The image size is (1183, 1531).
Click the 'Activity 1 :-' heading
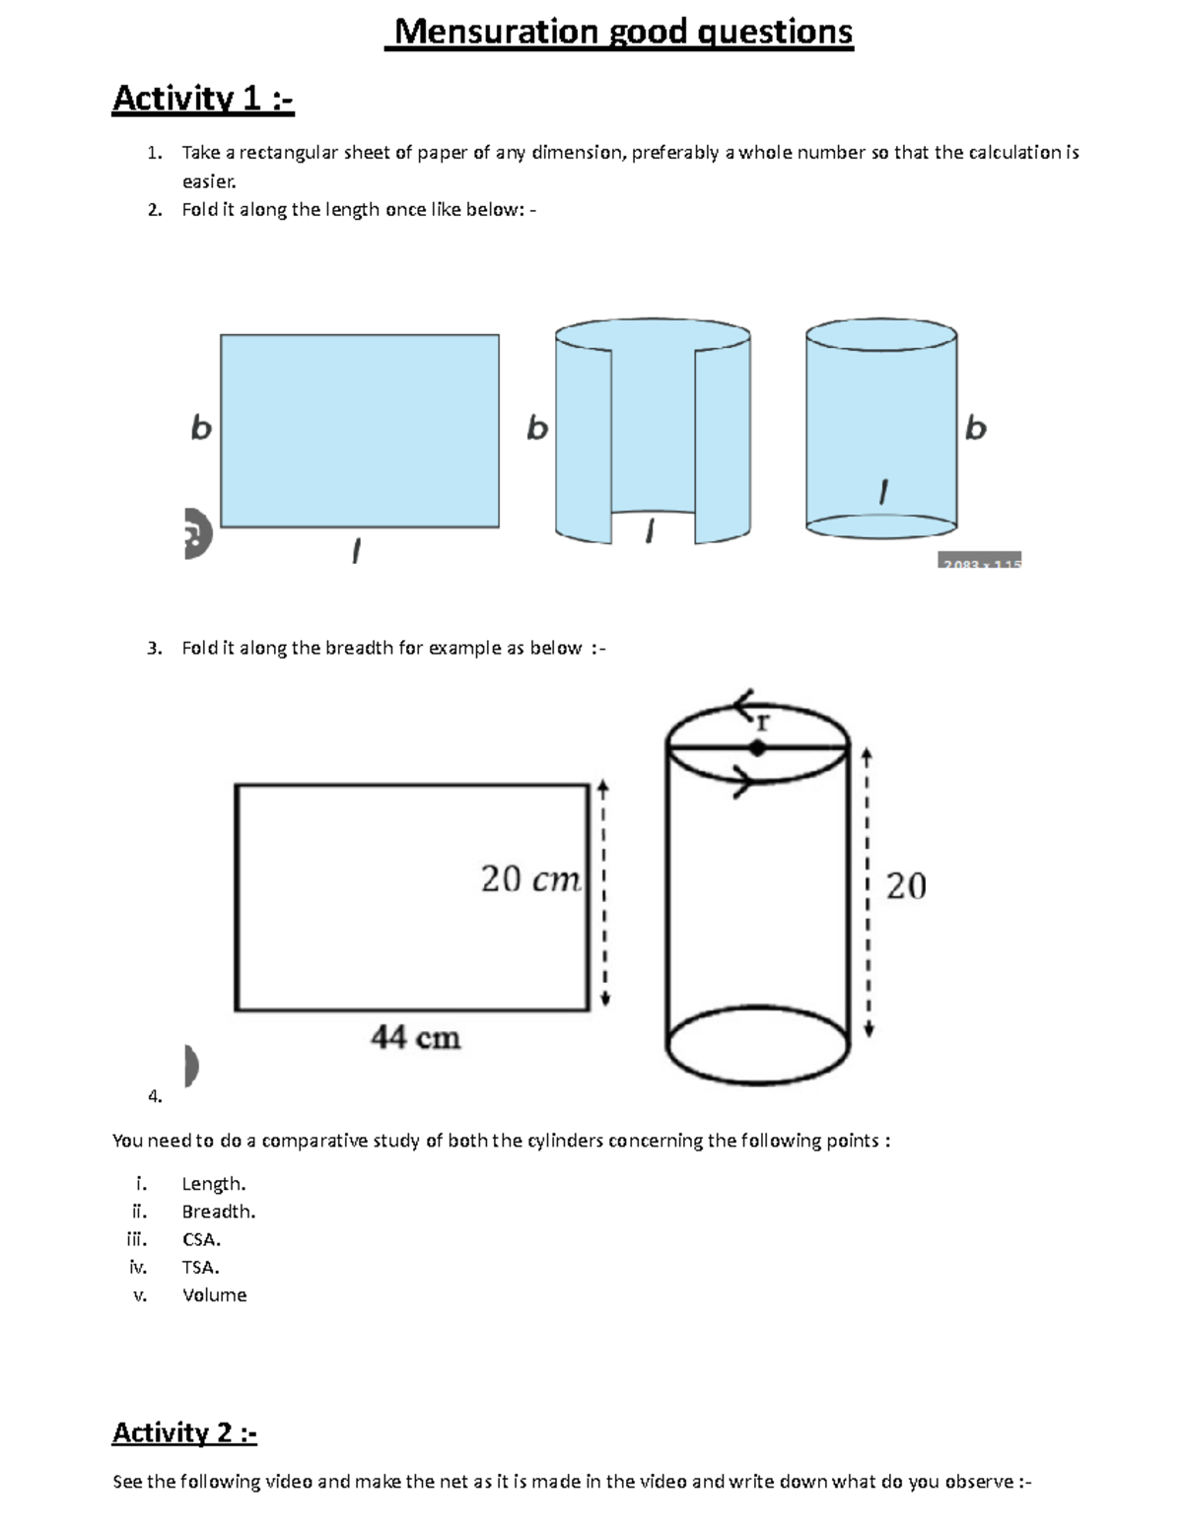[x=203, y=99]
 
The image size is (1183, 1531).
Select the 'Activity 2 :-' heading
[x=184, y=1432]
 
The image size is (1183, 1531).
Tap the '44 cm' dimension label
[x=415, y=1037]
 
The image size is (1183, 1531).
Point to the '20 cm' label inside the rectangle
[x=530, y=878]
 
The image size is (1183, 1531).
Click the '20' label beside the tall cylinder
[x=906, y=885]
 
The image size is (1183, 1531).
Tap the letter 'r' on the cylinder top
[x=762, y=724]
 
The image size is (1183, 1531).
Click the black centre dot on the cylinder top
[x=757, y=748]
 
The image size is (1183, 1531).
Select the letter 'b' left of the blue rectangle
[x=201, y=428]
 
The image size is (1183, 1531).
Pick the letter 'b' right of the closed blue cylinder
[x=975, y=428]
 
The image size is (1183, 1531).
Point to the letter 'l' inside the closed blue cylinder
[x=883, y=492]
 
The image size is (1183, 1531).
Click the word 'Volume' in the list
[x=214, y=1295]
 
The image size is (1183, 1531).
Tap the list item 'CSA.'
[x=201, y=1239]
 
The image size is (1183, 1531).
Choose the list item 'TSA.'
[x=200, y=1267]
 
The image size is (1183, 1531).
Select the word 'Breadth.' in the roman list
[x=218, y=1212]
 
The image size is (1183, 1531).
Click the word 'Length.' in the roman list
[x=213, y=1183]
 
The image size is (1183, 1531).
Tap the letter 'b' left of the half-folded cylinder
[x=536, y=428]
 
